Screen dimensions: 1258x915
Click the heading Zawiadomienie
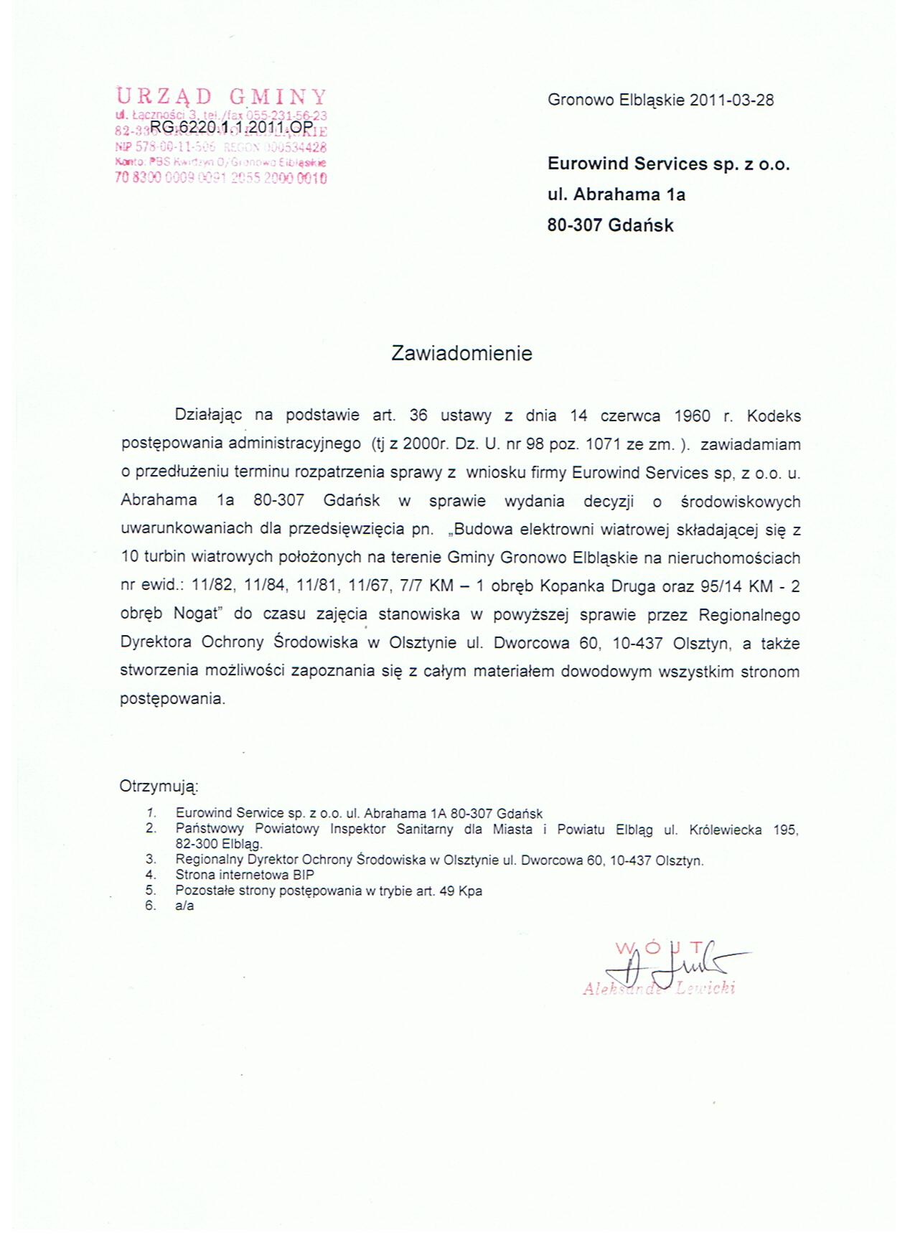[x=461, y=353]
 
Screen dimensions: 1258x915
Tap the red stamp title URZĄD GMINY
[x=221, y=97]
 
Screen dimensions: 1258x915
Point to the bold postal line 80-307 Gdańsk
[x=610, y=225]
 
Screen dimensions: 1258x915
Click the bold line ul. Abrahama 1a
[x=616, y=194]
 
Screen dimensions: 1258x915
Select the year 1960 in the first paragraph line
[x=692, y=416]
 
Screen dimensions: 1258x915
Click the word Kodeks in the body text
[x=774, y=416]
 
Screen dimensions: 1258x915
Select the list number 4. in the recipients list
[x=151, y=875]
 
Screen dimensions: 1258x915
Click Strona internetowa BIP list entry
[x=244, y=875]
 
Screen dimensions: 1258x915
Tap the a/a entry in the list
[x=184, y=906]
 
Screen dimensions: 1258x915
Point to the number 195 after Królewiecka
[x=786, y=830]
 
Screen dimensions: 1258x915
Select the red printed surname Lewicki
[x=706, y=988]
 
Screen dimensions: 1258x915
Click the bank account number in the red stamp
[x=221, y=178]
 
